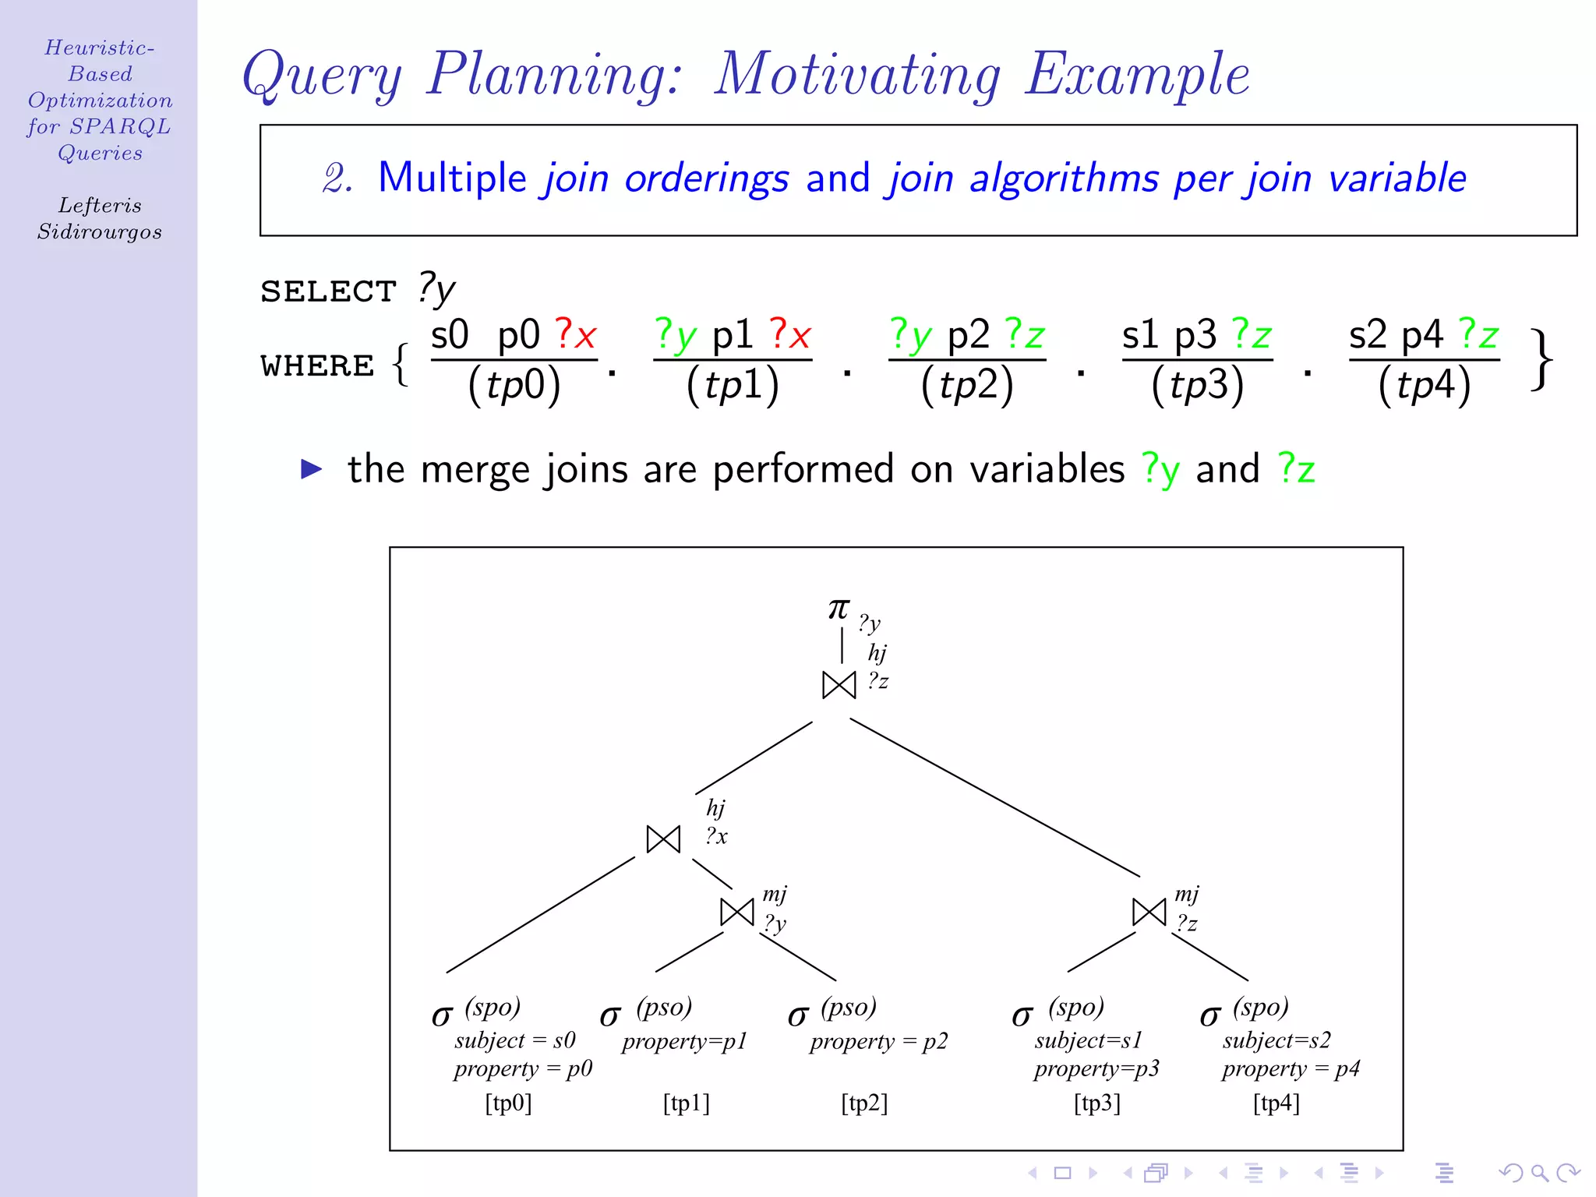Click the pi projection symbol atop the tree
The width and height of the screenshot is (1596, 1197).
tap(839, 609)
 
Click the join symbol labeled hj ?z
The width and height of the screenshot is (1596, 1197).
tap(839, 685)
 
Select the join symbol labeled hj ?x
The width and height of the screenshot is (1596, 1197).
tap(663, 839)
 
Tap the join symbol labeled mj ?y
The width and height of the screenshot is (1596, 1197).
tap(737, 912)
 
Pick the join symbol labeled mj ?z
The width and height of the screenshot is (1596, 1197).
tap(1149, 912)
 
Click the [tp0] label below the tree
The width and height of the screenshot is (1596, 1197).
tap(508, 1103)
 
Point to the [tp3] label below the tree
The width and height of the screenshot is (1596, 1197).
tap(1097, 1103)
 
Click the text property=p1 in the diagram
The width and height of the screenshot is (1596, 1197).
tap(684, 1042)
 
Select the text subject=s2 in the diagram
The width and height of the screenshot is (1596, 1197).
tap(1276, 1040)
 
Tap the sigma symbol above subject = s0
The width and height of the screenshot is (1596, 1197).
tap(442, 1015)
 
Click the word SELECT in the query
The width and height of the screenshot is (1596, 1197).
tap(328, 291)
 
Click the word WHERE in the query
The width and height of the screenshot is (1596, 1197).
tap(317, 365)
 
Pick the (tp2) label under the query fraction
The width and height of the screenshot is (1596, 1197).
tap(967, 385)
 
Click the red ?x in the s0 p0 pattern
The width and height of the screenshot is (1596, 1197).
tap(575, 335)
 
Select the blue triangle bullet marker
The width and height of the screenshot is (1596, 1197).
tap(312, 468)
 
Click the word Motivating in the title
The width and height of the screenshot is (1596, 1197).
tap(857, 75)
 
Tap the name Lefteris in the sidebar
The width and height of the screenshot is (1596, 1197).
tap(100, 206)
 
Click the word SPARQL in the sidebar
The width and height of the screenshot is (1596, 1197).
tap(120, 126)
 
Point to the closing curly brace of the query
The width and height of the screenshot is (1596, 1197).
tap(1541, 360)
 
